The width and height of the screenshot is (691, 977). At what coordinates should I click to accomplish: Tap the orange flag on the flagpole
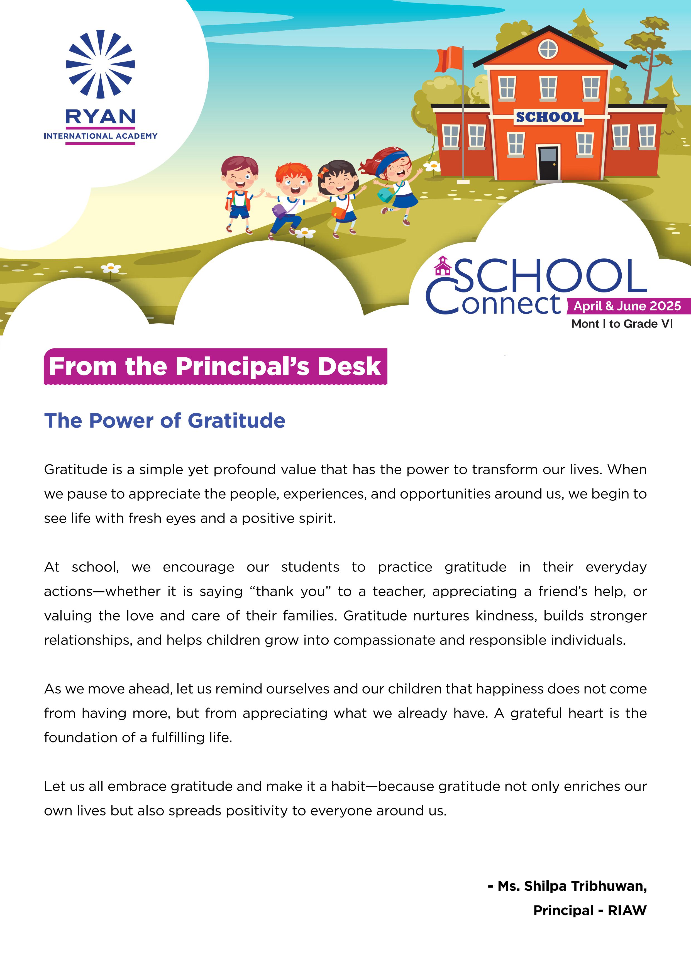click(x=449, y=60)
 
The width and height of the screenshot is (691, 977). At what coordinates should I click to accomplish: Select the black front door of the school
click(x=548, y=163)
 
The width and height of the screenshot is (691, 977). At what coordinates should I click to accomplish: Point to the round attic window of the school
click(x=548, y=49)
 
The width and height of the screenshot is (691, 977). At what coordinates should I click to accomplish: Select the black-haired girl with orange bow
click(x=339, y=196)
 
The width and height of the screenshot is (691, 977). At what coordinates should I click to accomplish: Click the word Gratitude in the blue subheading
click(x=236, y=421)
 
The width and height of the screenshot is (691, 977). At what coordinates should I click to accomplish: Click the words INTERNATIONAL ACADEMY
click(x=101, y=136)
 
